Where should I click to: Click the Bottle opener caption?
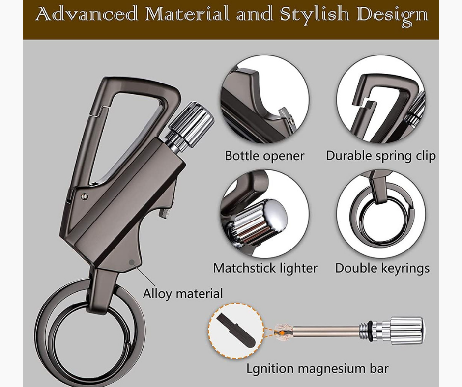pyautogui.click(x=264, y=156)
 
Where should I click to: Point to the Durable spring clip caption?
pyautogui.click(x=381, y=156)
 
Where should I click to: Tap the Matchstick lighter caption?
pyautogui.click(x=265, y=268)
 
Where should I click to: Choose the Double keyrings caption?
pyautogui.click(x=382, y=268)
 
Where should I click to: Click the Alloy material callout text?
pyautogui.click(x=183, y=293)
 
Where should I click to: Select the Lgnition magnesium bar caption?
pyautogui.click(x=318, y=368)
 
